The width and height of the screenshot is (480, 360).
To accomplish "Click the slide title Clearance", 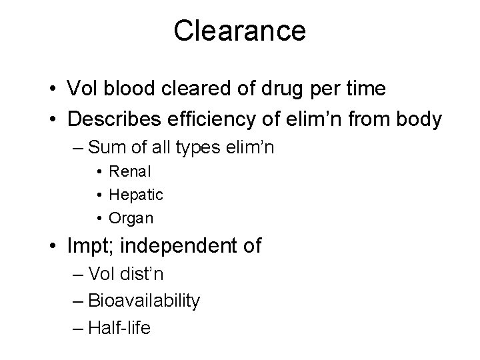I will (240, 31).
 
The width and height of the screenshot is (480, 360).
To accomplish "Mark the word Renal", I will (131, 171).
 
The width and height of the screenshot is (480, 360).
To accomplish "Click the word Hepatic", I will (136, 195).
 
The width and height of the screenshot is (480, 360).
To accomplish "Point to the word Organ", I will (131, 217).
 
